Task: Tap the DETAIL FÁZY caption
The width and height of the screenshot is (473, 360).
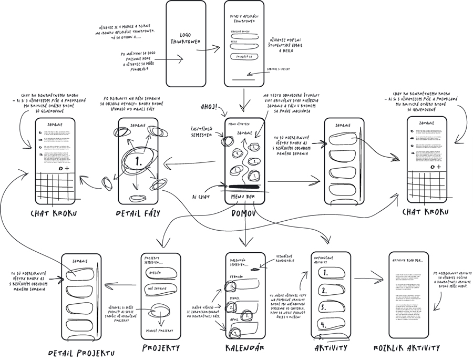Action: pyautogui.click(x=138, y=213)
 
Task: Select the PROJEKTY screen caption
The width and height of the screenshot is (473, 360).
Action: pyautogui.click(x=161, y=348)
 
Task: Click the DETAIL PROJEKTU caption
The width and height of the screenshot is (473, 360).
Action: pyautogui.click(x=81, y=352)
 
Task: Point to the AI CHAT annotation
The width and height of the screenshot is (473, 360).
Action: pyautogui.click(x=202, y=196)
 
